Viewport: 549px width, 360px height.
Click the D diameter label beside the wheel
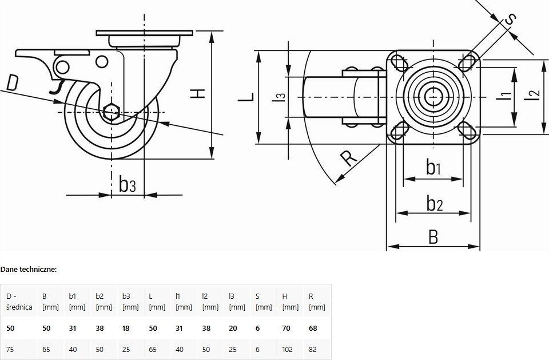12,83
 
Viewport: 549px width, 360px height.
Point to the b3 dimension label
127,184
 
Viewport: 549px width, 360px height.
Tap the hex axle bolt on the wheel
112,112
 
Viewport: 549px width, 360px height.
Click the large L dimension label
246,97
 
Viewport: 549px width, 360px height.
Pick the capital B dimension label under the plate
433,237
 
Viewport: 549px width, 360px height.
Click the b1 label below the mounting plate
433,167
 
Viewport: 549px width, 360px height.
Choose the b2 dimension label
435,203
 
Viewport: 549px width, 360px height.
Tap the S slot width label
511,19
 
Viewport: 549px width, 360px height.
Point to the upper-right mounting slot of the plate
467,62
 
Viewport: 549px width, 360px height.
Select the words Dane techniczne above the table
29,269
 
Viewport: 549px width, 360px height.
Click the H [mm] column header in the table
291,302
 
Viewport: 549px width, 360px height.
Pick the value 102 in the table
288,350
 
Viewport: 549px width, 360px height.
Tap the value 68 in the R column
313,329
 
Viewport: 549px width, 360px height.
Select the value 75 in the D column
10,350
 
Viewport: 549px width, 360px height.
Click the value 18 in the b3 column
126,329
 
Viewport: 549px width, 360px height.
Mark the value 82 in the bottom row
313,350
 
